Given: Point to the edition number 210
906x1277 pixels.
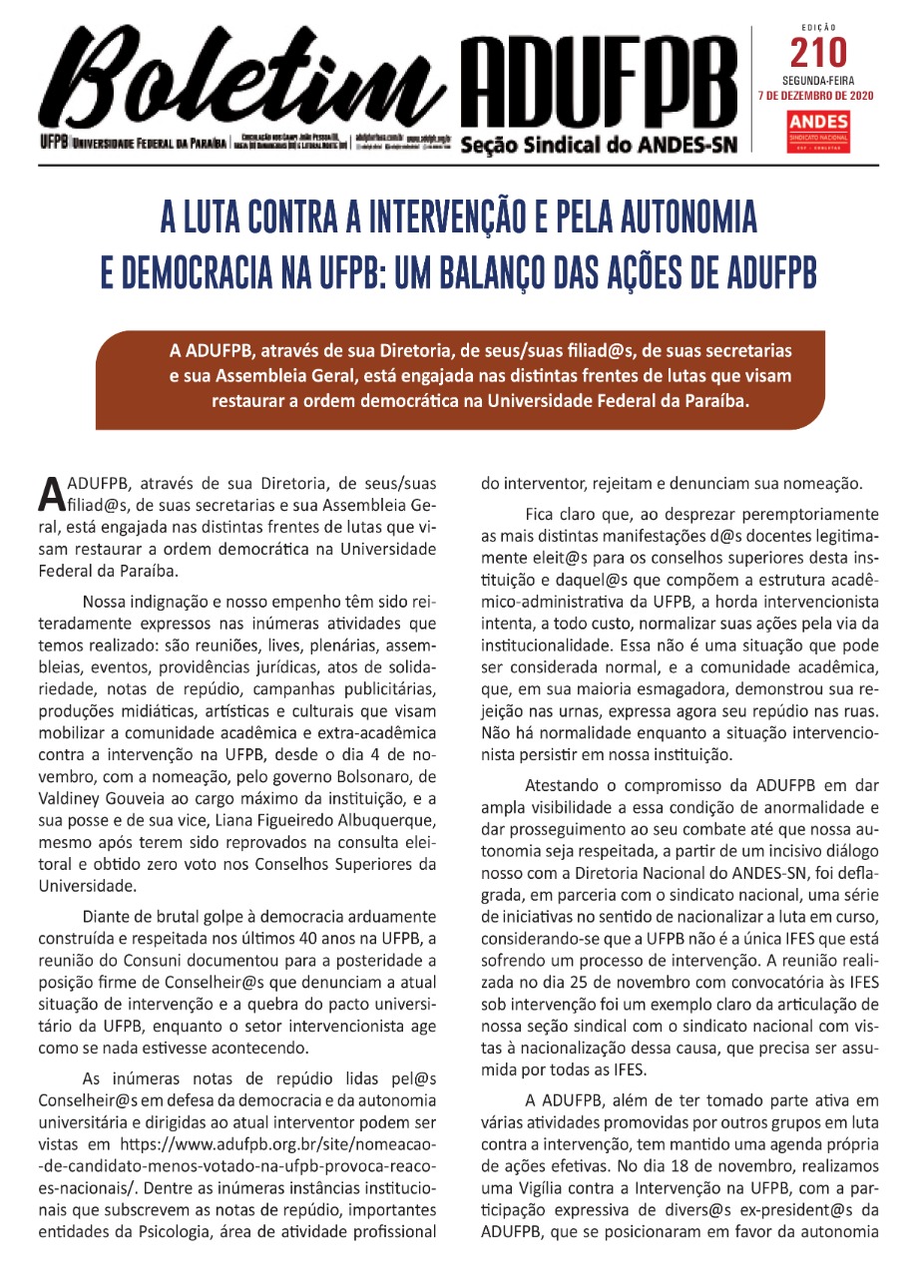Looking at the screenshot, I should [x=818, y=50].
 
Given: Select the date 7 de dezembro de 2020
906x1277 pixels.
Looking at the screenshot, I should [x=818, y=96].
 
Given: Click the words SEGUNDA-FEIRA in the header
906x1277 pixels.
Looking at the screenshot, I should [x=818, y=78].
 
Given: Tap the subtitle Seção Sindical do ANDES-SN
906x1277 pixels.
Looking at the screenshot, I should [x=598, y=146].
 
